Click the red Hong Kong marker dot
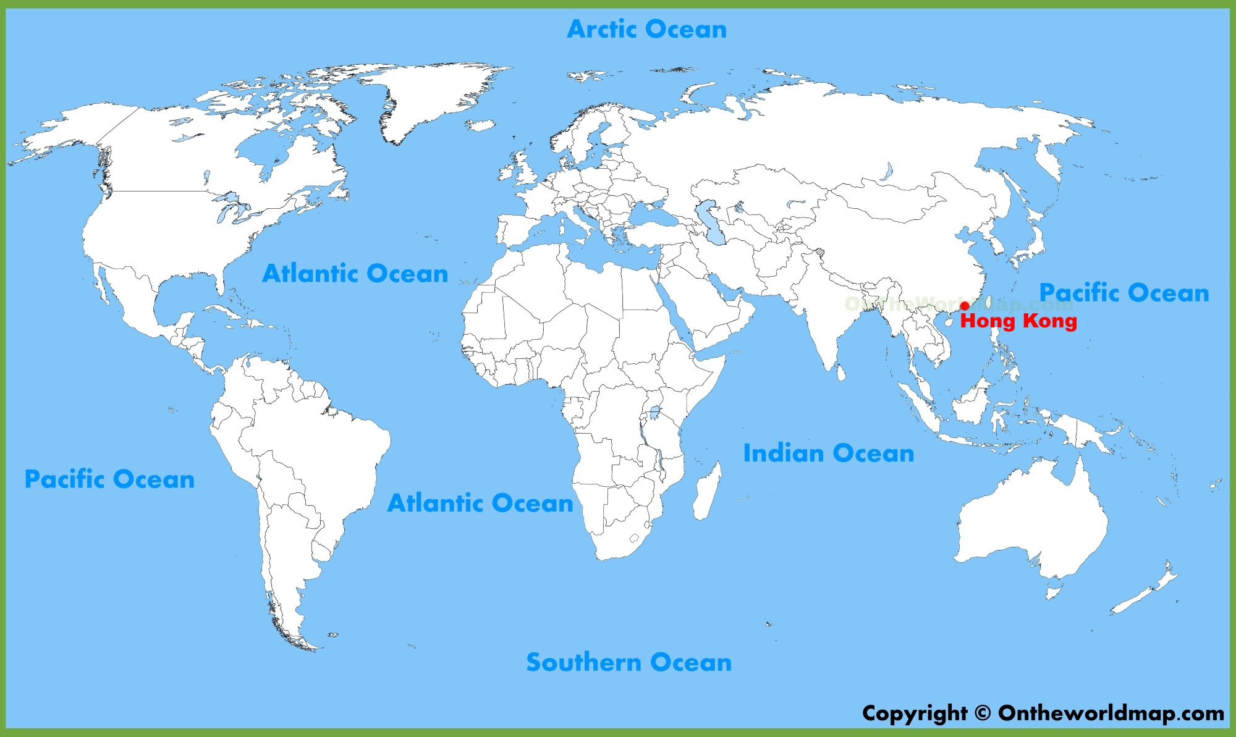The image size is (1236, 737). pos(965,305)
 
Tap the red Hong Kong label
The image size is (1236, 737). pos(1018,321)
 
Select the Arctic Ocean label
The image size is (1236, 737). pos(646,29)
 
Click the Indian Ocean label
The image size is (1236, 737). pos(828,453)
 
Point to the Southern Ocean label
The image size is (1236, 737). pos(629,662)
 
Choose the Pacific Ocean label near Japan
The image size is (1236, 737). pos(1124,292)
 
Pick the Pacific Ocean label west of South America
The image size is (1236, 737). pos(109,479)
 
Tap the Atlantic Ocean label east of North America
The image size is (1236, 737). pos(355,273)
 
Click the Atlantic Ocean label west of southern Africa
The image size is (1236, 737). pos(480,503)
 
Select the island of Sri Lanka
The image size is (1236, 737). pos(840,373)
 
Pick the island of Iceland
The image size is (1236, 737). pos(480,125)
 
